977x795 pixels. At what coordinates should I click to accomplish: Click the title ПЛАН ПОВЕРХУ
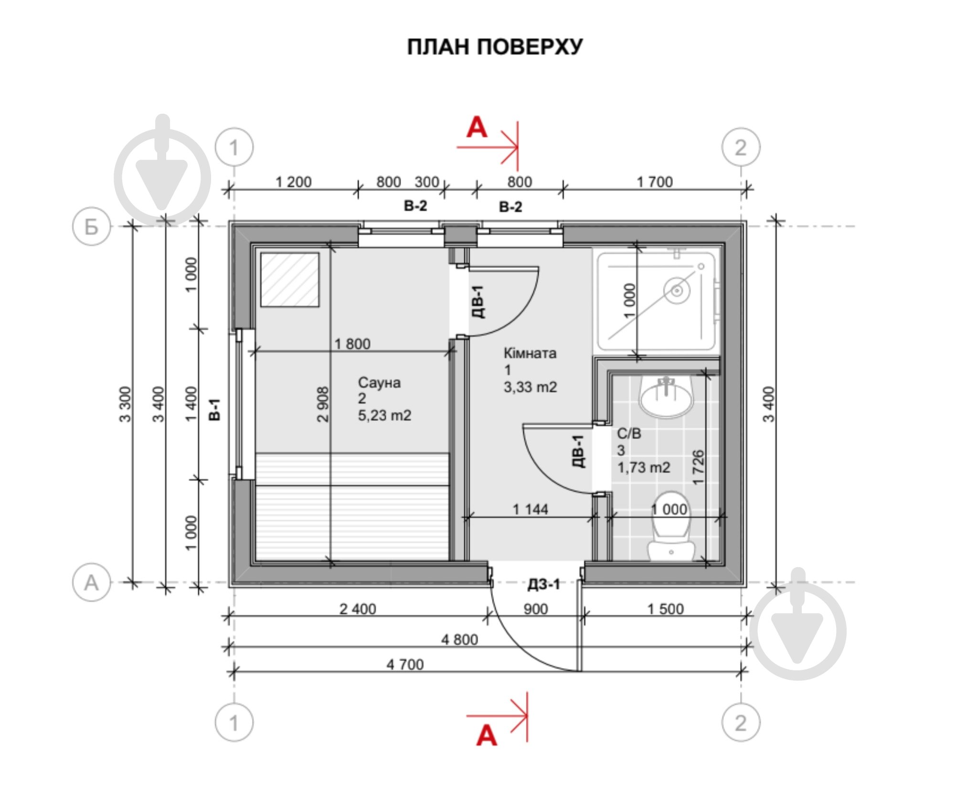click(x=495, y=47)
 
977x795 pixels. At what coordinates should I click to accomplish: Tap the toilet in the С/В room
click(x=670, y=526)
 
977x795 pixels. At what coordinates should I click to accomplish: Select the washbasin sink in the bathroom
click(x=666, y=396)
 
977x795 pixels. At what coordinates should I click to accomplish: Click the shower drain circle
click(x=677, y=290)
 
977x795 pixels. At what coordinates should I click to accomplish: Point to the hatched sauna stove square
click(x=290, y=279)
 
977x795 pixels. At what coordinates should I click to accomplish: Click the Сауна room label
click(x=379, y=382)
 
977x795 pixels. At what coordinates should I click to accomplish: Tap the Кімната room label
click(x=530, y=353)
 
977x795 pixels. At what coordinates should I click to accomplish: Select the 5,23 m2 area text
click(x=384, y=415)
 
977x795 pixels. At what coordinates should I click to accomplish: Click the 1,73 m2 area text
click(x=644, y=467)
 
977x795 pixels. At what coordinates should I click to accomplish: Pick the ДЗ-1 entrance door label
click(x=543, y=584)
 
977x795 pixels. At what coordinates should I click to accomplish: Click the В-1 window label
click(x=215, y=409)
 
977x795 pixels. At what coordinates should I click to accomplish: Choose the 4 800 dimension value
click(x=459, y=639)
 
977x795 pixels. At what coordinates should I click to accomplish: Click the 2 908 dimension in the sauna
click(x=323, y=404)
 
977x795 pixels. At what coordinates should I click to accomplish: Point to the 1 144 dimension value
click(x=530, y=509)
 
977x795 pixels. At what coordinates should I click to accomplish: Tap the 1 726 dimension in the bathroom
click(x=698, y=467)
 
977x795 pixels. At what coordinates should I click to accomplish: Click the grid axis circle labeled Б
click(x=91, y=226)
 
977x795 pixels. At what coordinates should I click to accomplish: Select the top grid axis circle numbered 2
click(x=741, y=147)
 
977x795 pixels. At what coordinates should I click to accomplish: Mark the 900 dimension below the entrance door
click(x=535, y=609)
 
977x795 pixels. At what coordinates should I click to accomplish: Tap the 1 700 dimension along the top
click(x=655, y=182)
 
